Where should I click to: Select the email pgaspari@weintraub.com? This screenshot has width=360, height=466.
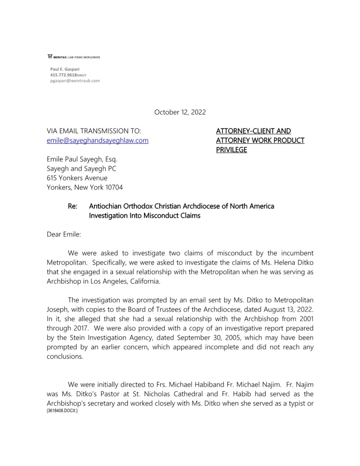coord(75,81)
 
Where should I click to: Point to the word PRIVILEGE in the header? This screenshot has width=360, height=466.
coord(231,150)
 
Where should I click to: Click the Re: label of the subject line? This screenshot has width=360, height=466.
coord(72,206)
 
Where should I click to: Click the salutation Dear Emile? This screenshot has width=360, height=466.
coord(65,234)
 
